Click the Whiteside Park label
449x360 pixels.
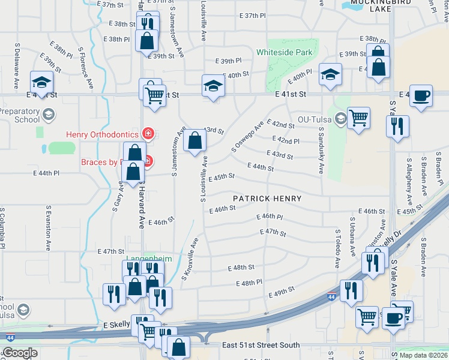pyautogui.click(x=285, y=52)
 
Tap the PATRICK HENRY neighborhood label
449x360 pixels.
pyautogui.click(x=267, y=198)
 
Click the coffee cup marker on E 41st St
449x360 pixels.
pyautogui.click(x=421, y=96)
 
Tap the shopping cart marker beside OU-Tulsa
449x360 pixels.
pyautogui.click(x=358, y=118)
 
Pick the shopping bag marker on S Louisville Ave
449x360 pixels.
pyautogui.click(x=195, y=142)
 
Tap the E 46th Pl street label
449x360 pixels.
pyautogui.click(x=269, y=217)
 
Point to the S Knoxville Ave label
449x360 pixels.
pyautogui.click(x=190, y=259)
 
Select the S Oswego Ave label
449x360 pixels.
pyautogui.click(x=247, y=137)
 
